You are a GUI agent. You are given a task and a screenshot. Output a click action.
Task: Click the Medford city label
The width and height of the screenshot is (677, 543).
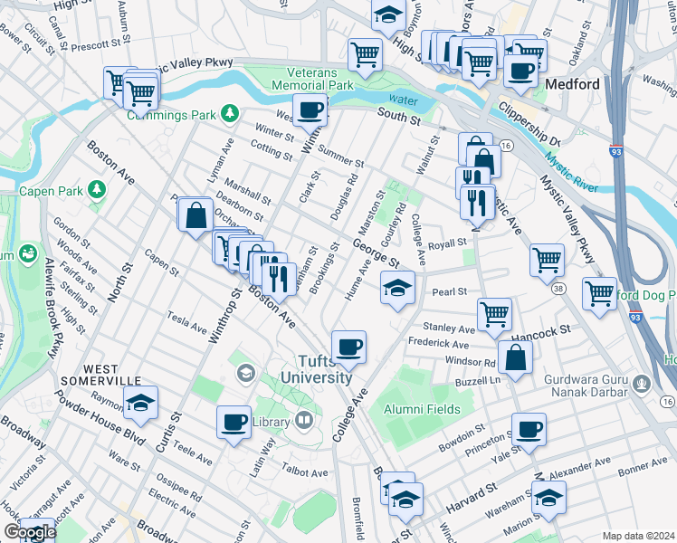572,84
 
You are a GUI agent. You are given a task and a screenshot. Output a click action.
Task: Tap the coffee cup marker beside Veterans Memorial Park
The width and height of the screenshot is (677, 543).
310,110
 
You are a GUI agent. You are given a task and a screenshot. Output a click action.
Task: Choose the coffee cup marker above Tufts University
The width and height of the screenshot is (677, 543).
348,346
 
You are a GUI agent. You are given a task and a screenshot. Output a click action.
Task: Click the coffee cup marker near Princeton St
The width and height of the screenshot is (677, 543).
529,428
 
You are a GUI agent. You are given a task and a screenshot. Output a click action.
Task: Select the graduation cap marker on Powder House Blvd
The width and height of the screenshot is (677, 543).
140,404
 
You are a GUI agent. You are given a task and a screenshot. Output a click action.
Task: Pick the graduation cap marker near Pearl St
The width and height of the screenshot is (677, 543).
396,289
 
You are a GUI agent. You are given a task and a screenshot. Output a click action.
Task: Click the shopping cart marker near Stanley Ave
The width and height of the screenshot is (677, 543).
494,314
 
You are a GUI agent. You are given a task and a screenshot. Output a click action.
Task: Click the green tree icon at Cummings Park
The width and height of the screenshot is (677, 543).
231,113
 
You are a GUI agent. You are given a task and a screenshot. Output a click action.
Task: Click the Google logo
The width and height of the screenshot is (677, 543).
29,532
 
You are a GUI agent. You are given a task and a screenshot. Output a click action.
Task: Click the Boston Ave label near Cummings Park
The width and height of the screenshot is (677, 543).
110,163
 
